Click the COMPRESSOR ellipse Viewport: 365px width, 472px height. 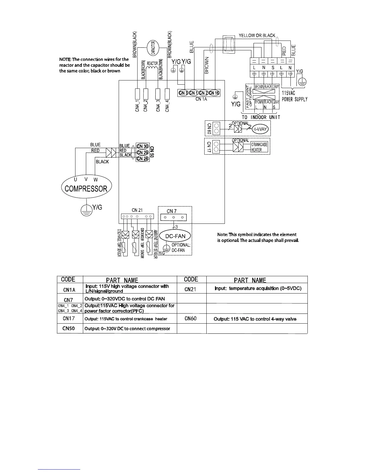(86, 188)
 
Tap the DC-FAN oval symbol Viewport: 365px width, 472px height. (175, 236)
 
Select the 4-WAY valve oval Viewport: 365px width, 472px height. (260, 129)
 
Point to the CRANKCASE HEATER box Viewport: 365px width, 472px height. (259, 147)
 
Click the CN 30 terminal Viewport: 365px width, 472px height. (142, 146)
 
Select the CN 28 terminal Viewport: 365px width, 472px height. (142, 159)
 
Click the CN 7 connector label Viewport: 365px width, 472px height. (171, 211)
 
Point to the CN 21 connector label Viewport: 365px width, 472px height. (137, 210)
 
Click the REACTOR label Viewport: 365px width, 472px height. (152, 63)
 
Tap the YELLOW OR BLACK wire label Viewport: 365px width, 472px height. (257, 35)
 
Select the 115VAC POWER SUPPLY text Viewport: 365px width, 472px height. (295, 96)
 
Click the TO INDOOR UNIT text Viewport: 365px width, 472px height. (261, 117)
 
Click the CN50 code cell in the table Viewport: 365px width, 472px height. (68, 328)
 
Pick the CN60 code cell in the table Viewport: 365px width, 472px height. (191, 319)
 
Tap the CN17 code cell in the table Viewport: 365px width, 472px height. (69, 319)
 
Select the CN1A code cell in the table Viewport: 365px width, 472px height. (69, 289)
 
